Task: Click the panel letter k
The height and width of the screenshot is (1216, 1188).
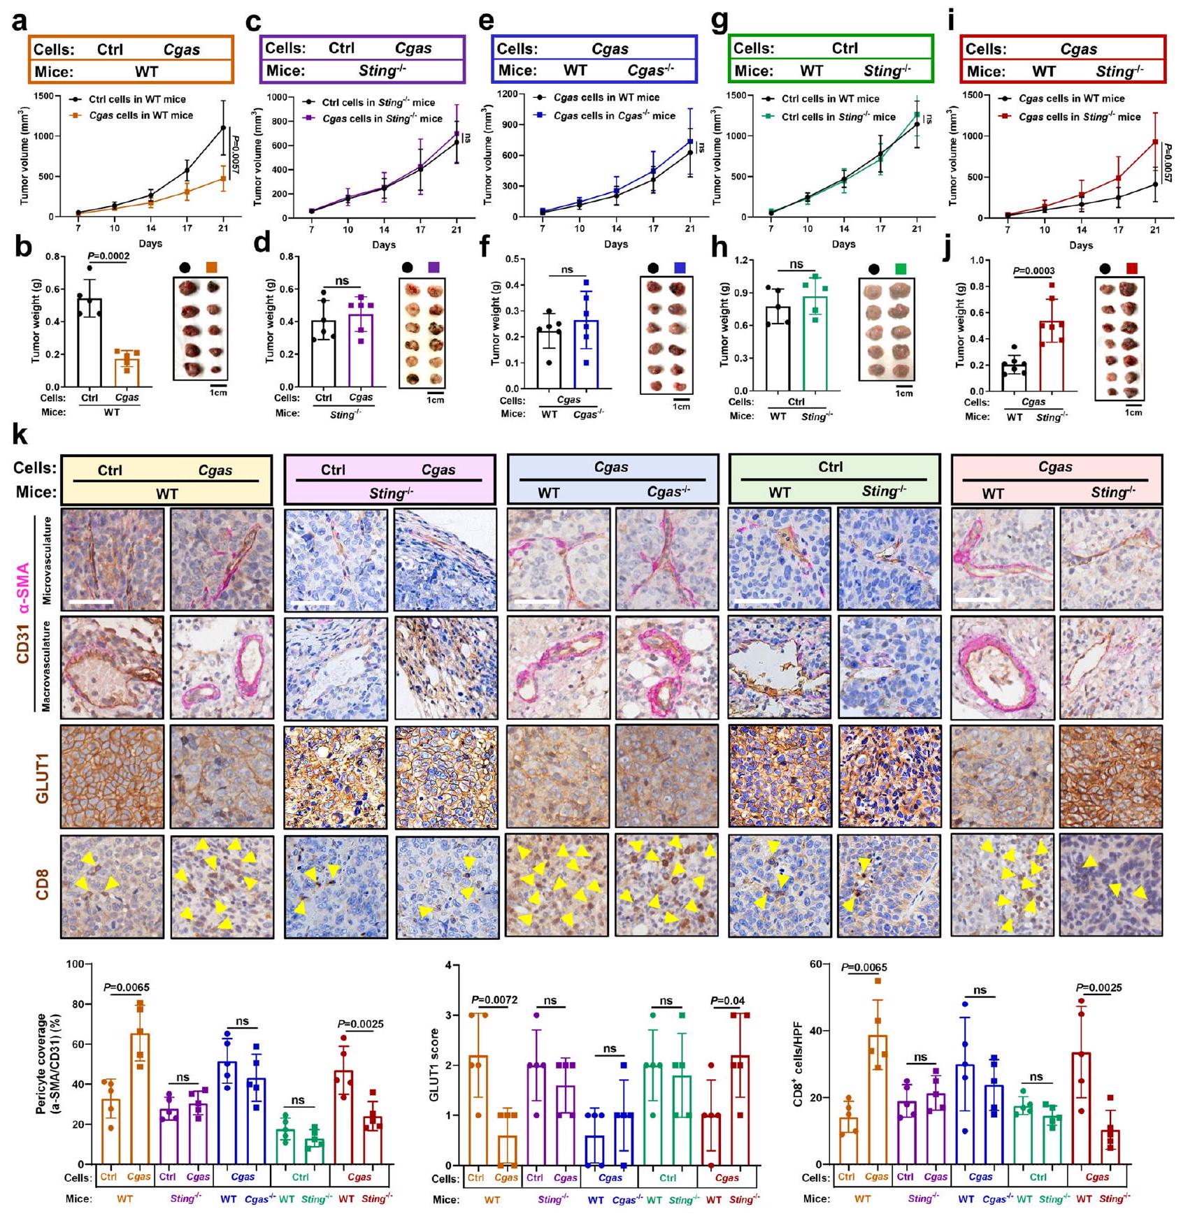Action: pyautogui.click(x=21, y=436)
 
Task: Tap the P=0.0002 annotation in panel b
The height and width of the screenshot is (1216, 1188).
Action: pyautogui.click(x=108, y=256)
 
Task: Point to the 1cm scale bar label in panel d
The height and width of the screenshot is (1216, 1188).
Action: pyautogui.click(x=435, y=400)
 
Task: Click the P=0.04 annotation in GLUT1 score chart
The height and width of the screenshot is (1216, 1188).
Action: pyautogui.click(x=727, y=1001)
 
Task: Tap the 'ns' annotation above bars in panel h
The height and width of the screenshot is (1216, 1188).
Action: pyautogui.click(x=796, y=264)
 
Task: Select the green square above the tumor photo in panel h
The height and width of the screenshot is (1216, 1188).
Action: pyautogui.click(x=900, y=268)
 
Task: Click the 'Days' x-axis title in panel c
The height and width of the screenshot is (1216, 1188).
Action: pyautogui.click(x=383, y=245)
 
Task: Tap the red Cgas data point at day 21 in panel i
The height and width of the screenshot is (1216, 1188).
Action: pyautogui.click(x=1154, y=142)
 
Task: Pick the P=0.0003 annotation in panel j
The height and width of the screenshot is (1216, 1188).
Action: pyautogui.click(x=1033, y=271)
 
